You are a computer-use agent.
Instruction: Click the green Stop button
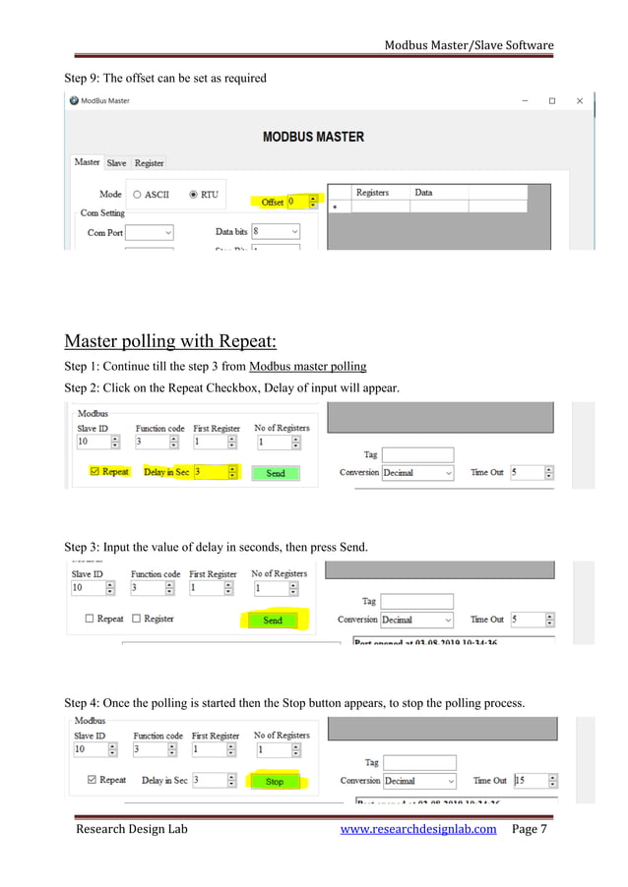point(275,782)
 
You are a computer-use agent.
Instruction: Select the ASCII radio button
point(138,195)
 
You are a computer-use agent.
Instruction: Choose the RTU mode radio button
point(194,195)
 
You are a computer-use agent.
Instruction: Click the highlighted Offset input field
point(298,202)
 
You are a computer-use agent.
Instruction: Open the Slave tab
point(116,162)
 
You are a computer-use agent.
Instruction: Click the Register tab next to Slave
point(150,162)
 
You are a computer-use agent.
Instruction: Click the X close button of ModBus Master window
point(580,100)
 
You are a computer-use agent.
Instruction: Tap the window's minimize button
point(524,100)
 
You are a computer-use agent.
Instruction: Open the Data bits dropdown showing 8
point(276,231)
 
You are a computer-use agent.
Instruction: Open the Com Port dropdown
point(150,233)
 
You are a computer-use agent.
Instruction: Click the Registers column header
point(372,193)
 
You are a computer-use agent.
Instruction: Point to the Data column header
point(423,193)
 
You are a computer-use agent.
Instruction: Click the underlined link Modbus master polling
point(307,367)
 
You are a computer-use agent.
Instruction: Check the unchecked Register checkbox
point(138,619)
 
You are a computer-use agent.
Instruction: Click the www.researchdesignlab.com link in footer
point(417,829)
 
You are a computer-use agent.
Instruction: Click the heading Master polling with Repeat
point(169,341)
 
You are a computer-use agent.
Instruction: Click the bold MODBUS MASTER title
point(313,137)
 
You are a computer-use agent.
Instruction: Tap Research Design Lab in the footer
point(131,829)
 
